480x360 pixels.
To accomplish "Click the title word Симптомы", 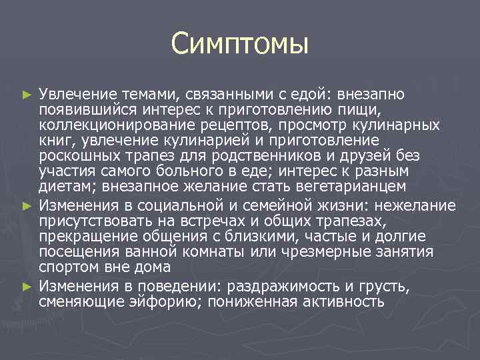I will pos(239,45).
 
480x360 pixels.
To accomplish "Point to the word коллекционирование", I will pos(104,125).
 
